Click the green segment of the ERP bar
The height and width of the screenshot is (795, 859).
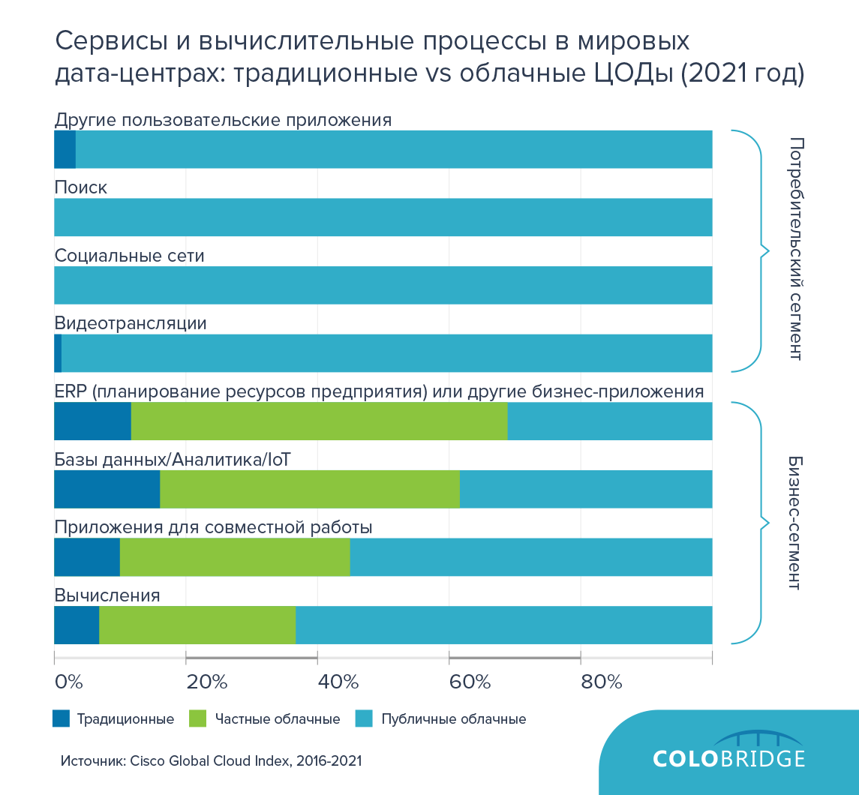(319, 421)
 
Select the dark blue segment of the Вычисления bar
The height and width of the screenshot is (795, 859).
(77, 625)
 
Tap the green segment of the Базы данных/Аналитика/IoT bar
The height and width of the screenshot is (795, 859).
(309, 489)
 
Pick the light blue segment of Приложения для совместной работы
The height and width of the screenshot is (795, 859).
(530, 556)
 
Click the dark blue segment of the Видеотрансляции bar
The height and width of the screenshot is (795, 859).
(58, 353)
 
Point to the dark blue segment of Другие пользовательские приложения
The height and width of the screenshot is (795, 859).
(65, 149)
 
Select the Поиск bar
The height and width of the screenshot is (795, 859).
(383, 217)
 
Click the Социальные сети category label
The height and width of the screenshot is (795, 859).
(129, 256)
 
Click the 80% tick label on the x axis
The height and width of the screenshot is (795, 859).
(602, 682)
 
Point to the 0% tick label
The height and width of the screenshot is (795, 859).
(69, 682)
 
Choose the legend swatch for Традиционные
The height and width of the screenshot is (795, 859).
(61, 718)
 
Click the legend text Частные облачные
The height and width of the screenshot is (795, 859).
(278, 719)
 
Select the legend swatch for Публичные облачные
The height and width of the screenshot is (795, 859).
(363, 718)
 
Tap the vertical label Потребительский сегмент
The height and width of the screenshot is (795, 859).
(796, 250)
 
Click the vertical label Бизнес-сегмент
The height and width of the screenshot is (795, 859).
(796, 522)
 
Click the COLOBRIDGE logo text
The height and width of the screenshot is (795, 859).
(728, 757)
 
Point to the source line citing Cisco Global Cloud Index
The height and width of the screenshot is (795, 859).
(211, 760)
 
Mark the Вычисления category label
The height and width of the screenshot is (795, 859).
(107, 595)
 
